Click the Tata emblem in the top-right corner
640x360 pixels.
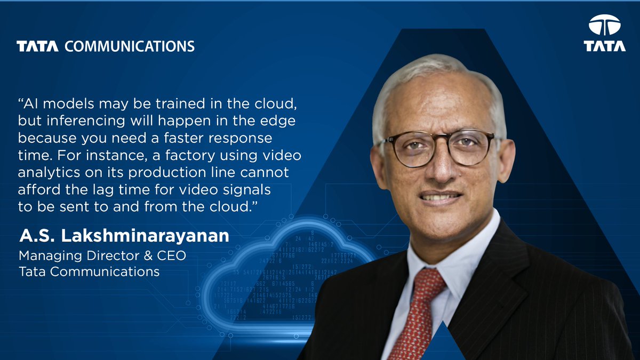(x=604, y=25)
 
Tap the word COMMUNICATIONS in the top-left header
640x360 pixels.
(x=130, y=46)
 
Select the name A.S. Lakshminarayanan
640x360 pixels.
(x=124, y=236)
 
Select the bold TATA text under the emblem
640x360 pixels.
(x=604, y=46)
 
